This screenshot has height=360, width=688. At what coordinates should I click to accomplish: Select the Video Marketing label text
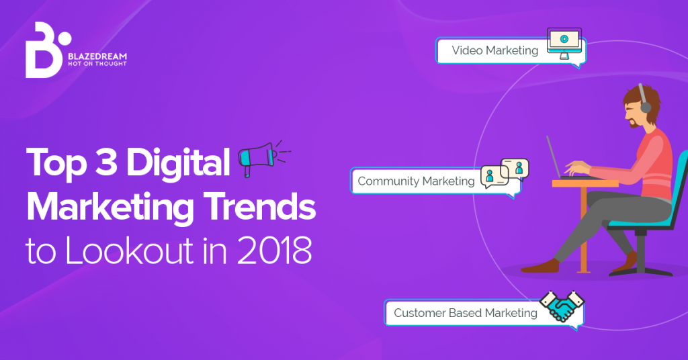click(494, 50)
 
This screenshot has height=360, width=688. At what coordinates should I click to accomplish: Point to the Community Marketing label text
click(416, 181)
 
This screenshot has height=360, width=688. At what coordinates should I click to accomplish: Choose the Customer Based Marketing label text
click(466, 313)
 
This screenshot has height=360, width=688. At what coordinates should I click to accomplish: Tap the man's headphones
click(644, 103)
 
